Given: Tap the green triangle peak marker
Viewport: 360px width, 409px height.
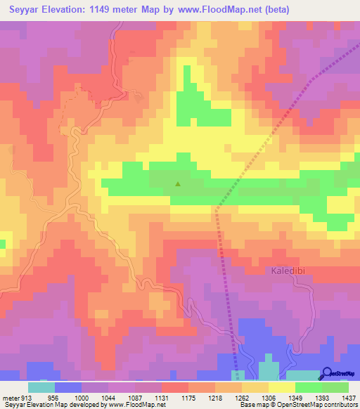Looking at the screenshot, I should point(177,186).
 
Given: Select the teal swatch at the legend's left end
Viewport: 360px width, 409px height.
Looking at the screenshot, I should point(41,387).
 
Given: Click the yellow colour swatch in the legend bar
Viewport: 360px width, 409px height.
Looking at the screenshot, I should point(282,387).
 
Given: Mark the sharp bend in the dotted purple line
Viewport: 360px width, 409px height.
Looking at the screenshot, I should point(217,208).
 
